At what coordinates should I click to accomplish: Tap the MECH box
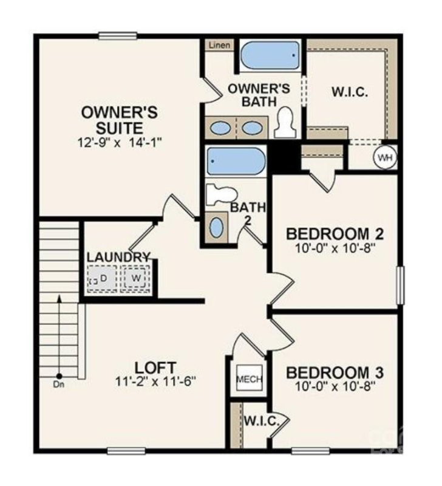click(249, 379)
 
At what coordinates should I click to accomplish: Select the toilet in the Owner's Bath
click(284, 122)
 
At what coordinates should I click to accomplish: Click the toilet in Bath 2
click(220, 194)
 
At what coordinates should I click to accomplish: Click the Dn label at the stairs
click(59, 385)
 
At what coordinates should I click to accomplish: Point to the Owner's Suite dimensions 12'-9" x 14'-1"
click(120, 142)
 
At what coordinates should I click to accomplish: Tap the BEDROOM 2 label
click(335, 234)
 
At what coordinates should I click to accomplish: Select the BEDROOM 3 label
click(335, 372)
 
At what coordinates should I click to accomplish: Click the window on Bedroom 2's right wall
click(399, 284)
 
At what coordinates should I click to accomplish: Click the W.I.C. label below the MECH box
click(261, 421)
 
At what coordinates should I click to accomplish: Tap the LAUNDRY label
click(118, 258)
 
